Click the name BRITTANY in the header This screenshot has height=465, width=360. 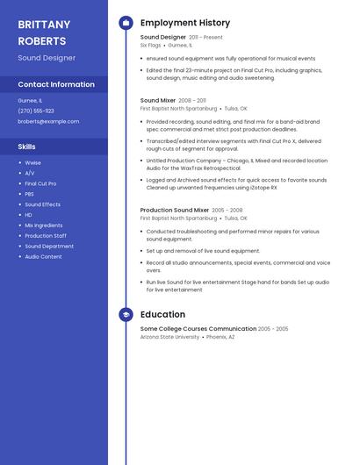click(44, 25)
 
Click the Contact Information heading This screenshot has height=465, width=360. click(56, 84)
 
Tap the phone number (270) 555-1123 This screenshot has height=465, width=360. click(36, 111)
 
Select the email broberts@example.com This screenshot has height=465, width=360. click(48, 121)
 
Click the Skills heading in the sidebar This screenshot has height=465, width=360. click(27, 147)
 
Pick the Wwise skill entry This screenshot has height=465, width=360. click(32, 162)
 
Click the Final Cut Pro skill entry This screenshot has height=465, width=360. click(40, 183)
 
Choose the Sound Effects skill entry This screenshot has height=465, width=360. click(42, 204)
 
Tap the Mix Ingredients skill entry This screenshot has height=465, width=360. click(44, 225)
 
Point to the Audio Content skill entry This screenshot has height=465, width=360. click(43, 256)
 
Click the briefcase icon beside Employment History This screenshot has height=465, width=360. click(126, 23)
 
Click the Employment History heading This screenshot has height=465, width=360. click(185, 23)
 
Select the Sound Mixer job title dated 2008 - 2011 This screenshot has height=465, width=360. click(158, 101)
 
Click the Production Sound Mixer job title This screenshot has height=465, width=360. click(175, 211)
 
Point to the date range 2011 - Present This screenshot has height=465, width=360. click(205, 38)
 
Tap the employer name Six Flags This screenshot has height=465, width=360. click(149, 45)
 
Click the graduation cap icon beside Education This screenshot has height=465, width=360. click(126, 314)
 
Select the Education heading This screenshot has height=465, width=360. click(162, 314)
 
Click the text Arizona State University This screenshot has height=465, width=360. click(169, 336)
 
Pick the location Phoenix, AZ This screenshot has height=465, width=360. click(220, 336)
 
